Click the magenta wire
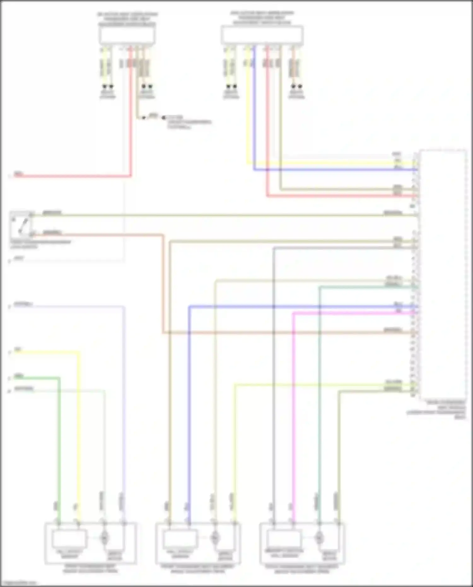294,410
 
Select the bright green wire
59,442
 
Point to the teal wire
319,410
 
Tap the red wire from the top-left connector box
130,126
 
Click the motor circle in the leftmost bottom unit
104,537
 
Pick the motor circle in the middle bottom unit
215,537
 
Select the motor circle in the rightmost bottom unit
319,537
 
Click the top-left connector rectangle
127,35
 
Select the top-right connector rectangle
262,35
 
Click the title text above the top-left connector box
127,19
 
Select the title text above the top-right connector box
262,18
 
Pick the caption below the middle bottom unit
198,569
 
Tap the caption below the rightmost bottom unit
302,569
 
